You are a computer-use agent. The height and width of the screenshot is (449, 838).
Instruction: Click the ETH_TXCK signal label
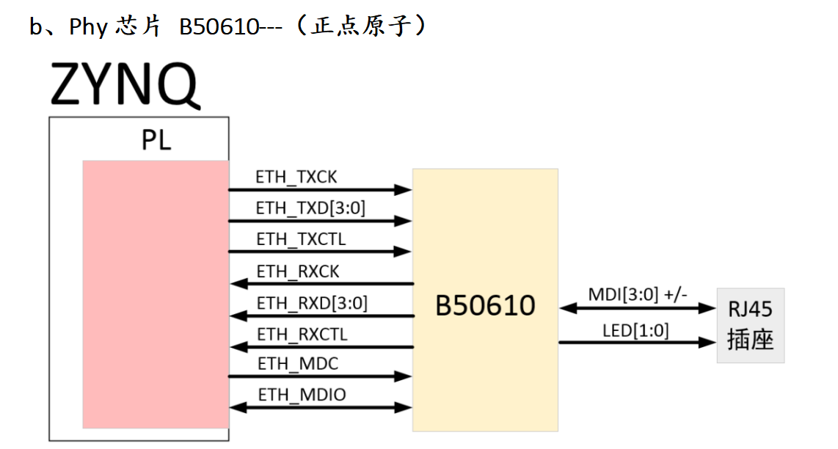pos(296,177)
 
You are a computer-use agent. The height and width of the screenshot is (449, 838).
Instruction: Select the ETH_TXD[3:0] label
pos(310,208)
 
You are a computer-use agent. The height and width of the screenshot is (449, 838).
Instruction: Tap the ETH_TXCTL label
pos(301,239)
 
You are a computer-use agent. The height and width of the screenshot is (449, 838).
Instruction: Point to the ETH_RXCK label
pos(298,271)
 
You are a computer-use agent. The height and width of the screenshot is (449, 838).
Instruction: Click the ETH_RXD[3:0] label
pos(312,303)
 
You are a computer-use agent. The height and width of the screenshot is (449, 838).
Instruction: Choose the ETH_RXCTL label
pos(302,335)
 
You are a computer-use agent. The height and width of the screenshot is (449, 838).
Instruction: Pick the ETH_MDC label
pos(298,364)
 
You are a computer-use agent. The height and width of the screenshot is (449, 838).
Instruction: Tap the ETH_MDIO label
pos(302,395)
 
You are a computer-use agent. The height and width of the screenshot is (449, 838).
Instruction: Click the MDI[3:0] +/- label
pos(638,294)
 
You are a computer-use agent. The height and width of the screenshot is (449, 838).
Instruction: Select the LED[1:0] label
pos(635,331)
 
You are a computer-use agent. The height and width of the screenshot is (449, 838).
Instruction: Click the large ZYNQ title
pos(125,84)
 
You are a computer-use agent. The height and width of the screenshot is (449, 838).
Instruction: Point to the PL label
pos(156,140)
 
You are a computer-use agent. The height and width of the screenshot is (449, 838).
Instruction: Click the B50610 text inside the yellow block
pos(485,305)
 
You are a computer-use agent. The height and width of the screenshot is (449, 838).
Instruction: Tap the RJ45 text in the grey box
pos(750,309)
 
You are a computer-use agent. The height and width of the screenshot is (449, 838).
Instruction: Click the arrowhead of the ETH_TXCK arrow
pos(404,189)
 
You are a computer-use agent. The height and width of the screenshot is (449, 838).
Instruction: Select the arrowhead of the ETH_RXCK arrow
pos(238,283)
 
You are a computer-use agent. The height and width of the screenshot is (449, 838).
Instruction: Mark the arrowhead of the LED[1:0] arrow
pos(707,342)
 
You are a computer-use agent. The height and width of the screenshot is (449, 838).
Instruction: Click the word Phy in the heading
pos(88,26)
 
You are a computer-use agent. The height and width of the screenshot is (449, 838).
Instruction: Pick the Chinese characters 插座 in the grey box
pos(751,340)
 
